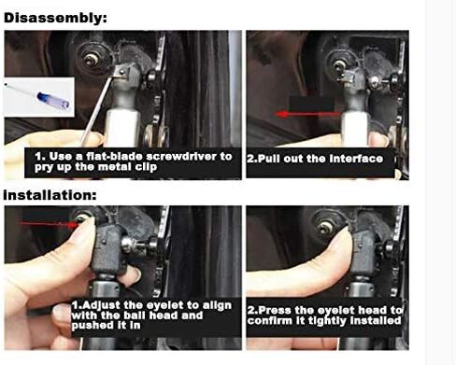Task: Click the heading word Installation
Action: tap(50, 196)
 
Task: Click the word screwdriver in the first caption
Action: tap(191, 156)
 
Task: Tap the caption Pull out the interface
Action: tap(315, 159)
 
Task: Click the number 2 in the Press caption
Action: tap(251, 309)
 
